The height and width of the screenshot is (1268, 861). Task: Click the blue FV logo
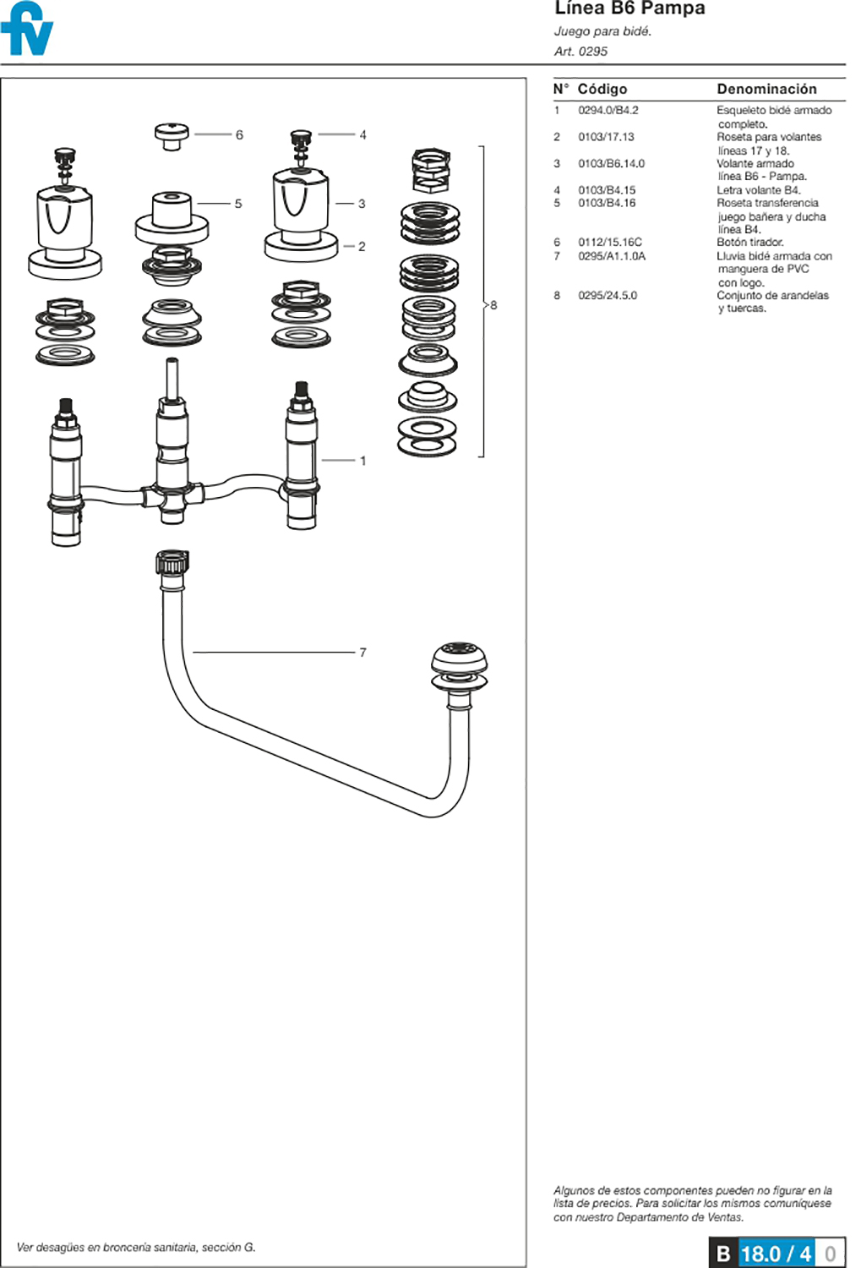[x=27, y=30]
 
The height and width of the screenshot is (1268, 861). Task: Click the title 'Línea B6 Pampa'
[x=629, y=9]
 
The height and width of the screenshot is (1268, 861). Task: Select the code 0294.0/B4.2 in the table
[x=608, y=111]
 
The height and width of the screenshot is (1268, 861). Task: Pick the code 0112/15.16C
[x=610, y=243]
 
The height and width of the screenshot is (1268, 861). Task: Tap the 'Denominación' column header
[x=766, y=89]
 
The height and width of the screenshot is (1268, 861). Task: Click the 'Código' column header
[x=602, y=89]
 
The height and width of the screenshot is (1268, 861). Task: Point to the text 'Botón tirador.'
[x=749, y=243]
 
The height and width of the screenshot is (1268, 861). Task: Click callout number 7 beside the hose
[x=362, y=653]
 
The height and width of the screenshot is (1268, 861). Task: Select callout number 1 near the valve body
[x=363, y=461]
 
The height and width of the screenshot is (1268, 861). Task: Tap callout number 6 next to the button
[x=239, y=135]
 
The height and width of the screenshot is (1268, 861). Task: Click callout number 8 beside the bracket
[x=493, y=305]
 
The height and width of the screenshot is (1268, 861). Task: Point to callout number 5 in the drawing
[x=238, y=204]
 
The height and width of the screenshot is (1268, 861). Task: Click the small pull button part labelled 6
[x=172, y=135]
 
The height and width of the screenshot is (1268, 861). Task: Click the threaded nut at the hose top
[x=172, y=563]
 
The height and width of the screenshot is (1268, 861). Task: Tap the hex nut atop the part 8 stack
[x=431, y=168]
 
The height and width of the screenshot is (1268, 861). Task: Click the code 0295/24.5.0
[x=608, y=296]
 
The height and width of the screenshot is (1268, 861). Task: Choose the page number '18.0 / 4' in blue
[x=776, y=1253]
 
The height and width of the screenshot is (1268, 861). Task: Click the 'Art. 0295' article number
[x=580, y=52]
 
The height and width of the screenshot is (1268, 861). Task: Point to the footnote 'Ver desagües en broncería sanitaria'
[x=136, y=1248]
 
